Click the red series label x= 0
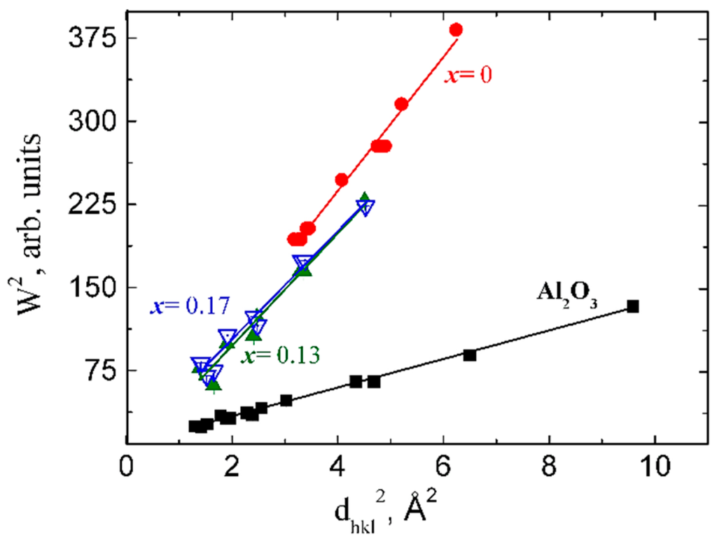(x=468, y=74)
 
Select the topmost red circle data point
(x=456, y=29)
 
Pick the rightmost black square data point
(x=633, y=306)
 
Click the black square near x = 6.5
(x=469, y=355)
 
